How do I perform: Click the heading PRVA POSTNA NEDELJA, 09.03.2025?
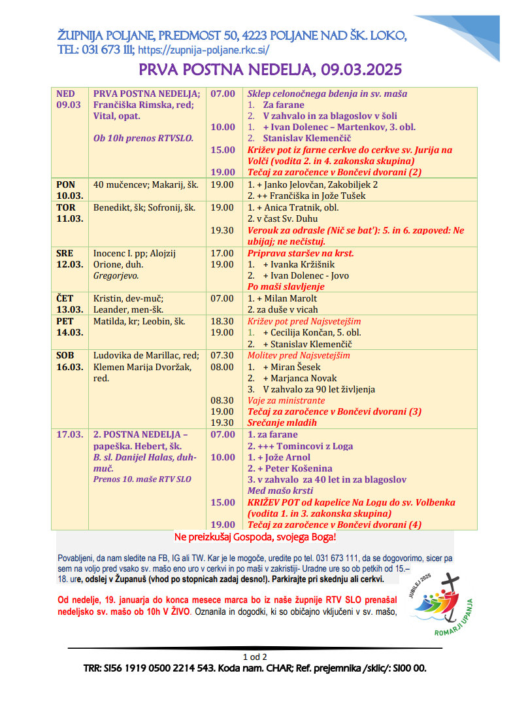[270, 70]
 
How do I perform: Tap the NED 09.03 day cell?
[69, 99]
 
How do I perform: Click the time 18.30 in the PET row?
[222, 322]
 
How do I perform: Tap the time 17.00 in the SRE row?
[222, 253]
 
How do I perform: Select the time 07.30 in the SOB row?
[222, 356]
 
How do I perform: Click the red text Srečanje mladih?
[282, 423]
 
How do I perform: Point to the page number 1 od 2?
[255, 657]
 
